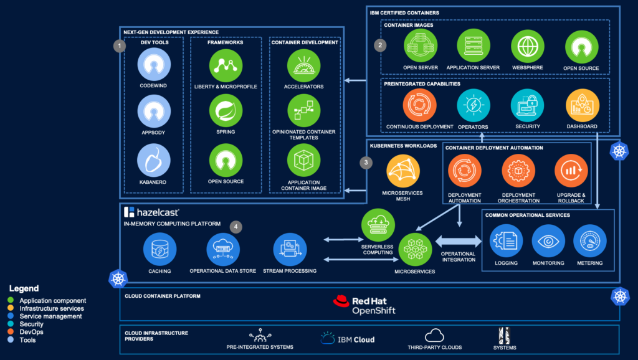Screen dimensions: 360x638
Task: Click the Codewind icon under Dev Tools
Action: pyautogui.click(x=153, y=64)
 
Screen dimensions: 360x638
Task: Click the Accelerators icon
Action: pyautogui.click(x=304, y=65)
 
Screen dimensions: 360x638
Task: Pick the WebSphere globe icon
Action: pyautogui.click(x=527, y=47)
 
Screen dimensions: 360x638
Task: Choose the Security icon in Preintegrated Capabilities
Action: pyautogui.click(x=527, y=106)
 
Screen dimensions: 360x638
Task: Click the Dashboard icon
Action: pyautogui.click(x=582, y=106)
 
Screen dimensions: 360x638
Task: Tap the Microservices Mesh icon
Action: pyautogui.click(x=402, y=171)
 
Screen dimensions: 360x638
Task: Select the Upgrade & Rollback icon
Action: pyautogui.click(x=571, y=171)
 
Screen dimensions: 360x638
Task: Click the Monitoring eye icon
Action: pyautogui.click(x=548, y=241)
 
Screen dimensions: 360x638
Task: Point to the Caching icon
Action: pyautogui.click(x=159, y=249)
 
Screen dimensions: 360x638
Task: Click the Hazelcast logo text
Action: pyautogui.click(x=151, y=212)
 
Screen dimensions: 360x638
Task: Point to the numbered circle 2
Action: pyautogui.click(x=380, y=45)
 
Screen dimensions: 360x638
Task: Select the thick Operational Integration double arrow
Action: pyautogui.click(x=458, y=241)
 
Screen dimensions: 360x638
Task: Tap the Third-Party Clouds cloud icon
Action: pyautogui.click(x=434, y=336)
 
